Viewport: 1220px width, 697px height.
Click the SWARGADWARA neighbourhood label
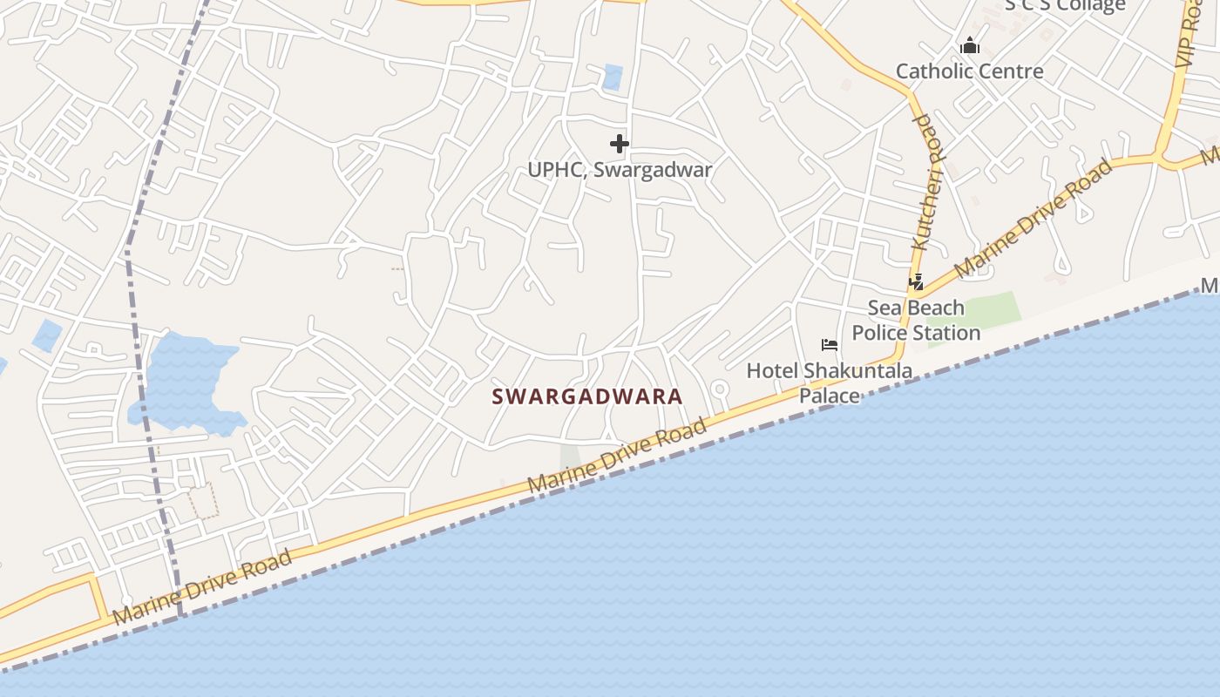coord(587,396)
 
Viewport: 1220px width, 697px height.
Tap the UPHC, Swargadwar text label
coord(620,170)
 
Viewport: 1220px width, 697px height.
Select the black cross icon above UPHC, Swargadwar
coord(620,144)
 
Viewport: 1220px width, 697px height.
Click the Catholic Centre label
coord(969,71)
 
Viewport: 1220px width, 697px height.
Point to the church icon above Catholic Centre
coord(970,46)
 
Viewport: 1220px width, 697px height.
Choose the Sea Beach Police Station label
coord(916,321)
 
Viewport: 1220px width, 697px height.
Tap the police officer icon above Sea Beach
coord(916,281)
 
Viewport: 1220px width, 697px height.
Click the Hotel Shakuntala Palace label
coord(830,382)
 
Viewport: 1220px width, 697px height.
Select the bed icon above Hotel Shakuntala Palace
coord(830,345)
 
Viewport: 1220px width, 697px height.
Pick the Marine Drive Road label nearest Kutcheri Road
coord(1034,218)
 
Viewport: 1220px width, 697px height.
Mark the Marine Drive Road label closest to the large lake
coord(202,588)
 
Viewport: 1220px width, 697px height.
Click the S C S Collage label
coord(1065,6)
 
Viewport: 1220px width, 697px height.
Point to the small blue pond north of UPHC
coord(613,78)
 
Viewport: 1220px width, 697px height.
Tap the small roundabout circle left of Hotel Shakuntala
coord(720,389)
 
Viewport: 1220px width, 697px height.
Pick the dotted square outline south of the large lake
coord(204,501)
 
